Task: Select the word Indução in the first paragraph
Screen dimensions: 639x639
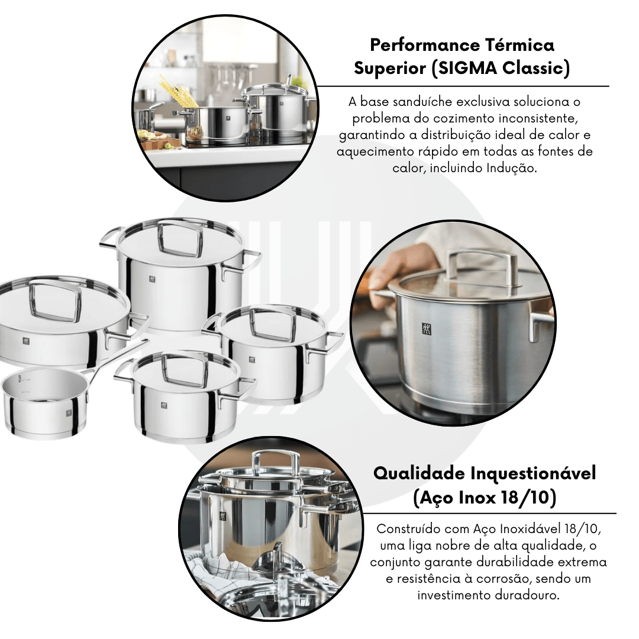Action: (511, 168)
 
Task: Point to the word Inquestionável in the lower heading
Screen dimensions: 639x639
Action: (533, 473)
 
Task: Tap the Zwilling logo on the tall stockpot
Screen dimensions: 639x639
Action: (153, 279)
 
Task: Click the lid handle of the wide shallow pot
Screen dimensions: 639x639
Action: (56, 301)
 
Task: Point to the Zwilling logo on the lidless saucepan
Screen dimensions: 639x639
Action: (69, 413)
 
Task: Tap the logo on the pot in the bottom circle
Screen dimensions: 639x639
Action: (222, 516)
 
